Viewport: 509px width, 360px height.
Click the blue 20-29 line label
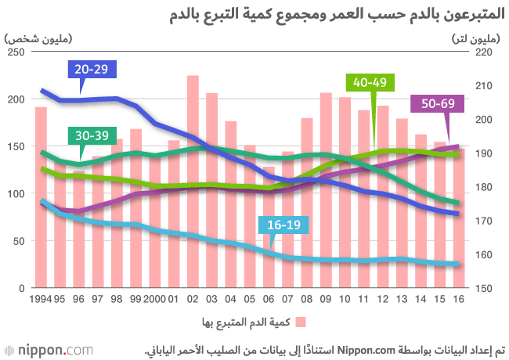tap(92, 70)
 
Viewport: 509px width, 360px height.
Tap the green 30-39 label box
tap(92, 136)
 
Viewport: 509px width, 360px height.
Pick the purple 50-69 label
tap(438, 104)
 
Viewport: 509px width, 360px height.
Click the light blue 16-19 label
tap(284, 225)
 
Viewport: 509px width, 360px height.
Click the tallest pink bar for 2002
tap(192, 180)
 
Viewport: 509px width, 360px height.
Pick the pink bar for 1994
tap(41, 196)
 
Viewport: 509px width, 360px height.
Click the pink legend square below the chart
tap(299, 322)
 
